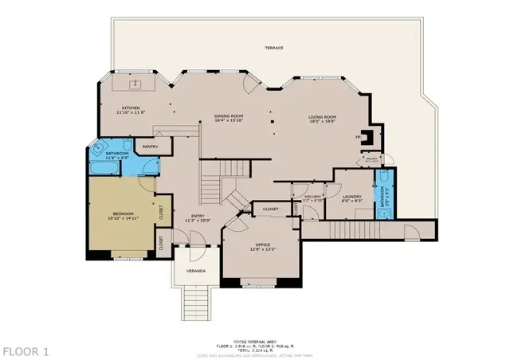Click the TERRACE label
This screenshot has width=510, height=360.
click(x=273, y=48)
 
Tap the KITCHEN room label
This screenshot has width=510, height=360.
click(x=131, y=108)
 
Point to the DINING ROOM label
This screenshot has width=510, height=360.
click(x=229, y=116)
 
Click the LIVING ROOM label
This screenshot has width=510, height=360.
click(x=323, y=117)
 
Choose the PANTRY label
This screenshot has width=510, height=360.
click(x=150, y=147)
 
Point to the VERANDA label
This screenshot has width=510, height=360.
click(x=196, y=271)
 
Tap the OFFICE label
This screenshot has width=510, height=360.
click(x=263, y=244)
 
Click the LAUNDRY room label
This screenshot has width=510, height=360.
click(x=351, y=197)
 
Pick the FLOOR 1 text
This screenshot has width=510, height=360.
click(x=25, y=350)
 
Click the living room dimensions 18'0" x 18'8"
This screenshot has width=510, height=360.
click(x=323, y=122)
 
